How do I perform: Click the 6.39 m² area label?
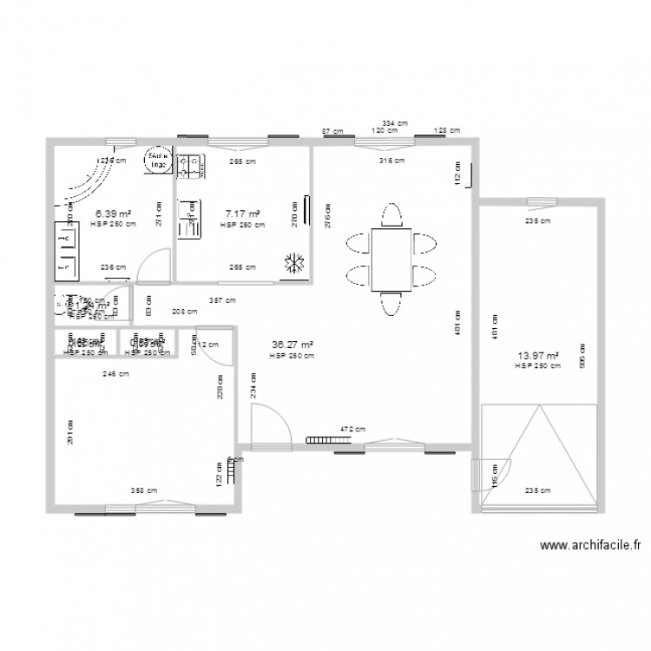coord(113,214)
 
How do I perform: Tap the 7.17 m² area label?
coord(243,214)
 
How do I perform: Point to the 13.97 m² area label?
coord(537,355)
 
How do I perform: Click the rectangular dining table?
coord(391,260)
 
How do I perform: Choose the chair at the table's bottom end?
coord(391,303)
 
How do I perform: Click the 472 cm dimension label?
coord(352,429)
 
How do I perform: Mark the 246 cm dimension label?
coord(115,374)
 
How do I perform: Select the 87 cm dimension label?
coord(332,131)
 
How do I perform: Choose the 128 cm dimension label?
coord(448,131)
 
